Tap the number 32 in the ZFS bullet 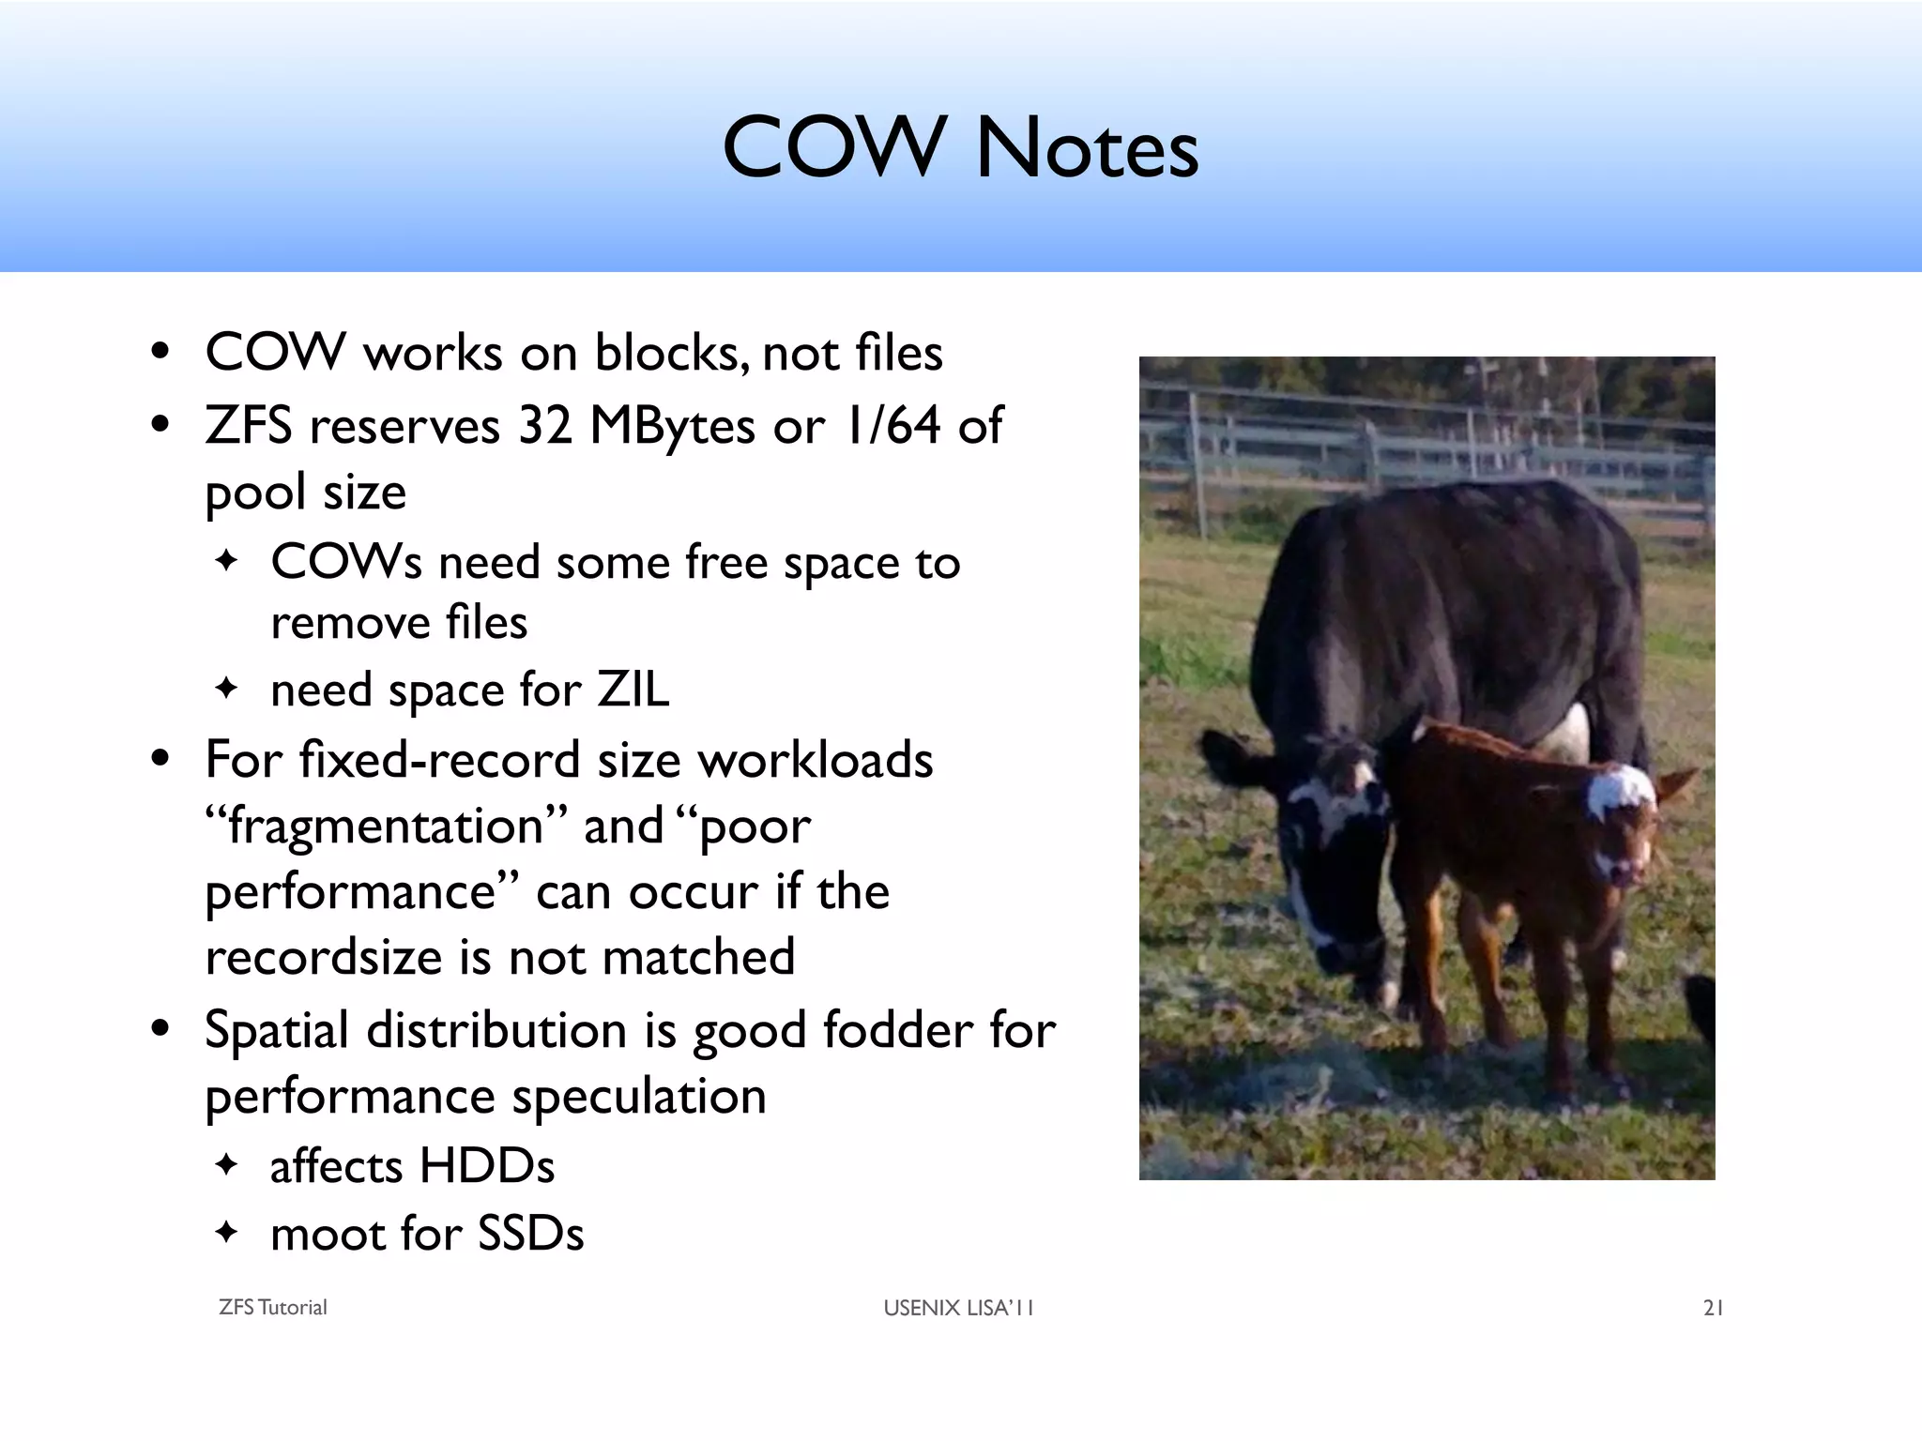coord(545,425)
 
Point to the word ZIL coord(633,690)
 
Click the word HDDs coord(486,1166)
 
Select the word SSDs coord(530,1234)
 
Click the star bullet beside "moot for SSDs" coord(227,1231)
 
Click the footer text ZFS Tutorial coord(272,1308)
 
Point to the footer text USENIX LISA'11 coord(958,1308)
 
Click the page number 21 coord(1713,1308)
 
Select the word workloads coord(815,760)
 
